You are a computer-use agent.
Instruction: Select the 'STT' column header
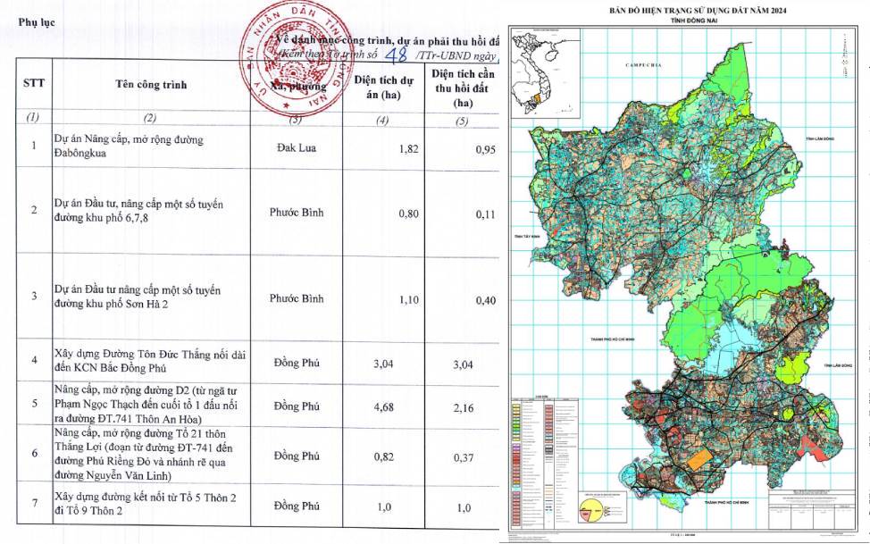[35, 84]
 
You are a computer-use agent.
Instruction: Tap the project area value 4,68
[407, 403]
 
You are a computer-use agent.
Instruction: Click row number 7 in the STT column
[34, 505]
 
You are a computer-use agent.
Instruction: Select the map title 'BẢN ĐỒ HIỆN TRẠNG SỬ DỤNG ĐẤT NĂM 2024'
[686, 9]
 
